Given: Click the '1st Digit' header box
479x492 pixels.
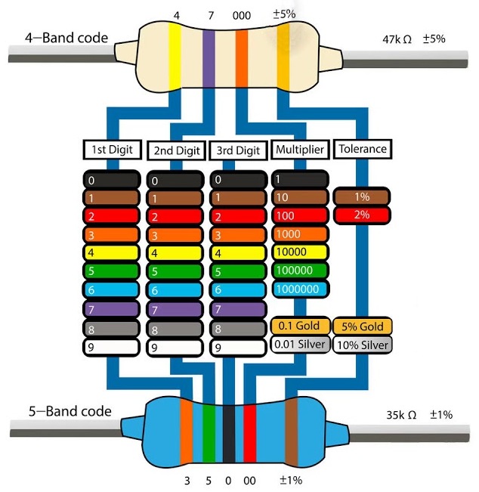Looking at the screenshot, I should [111, 149].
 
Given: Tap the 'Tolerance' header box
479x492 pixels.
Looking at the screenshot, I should [361, 149].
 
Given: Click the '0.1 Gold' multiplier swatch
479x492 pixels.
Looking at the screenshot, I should [300, 326].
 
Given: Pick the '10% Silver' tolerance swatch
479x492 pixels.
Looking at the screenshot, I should [361, 345].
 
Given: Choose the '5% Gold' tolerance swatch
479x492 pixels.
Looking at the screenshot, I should [361, 326].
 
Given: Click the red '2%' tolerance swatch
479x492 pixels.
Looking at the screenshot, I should [361, 215].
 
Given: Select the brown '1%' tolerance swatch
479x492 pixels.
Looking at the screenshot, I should [361, 196].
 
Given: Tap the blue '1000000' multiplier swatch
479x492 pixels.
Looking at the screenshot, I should [299, 289].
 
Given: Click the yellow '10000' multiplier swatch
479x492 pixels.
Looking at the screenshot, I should [299, 252].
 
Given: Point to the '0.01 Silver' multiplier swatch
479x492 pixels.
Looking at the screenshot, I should [300, 345].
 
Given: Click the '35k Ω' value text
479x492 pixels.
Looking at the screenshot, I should [401, 414].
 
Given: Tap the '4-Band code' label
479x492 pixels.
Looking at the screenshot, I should [66, 37].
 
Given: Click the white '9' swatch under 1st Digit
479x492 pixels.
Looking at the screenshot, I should [111, 348].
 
